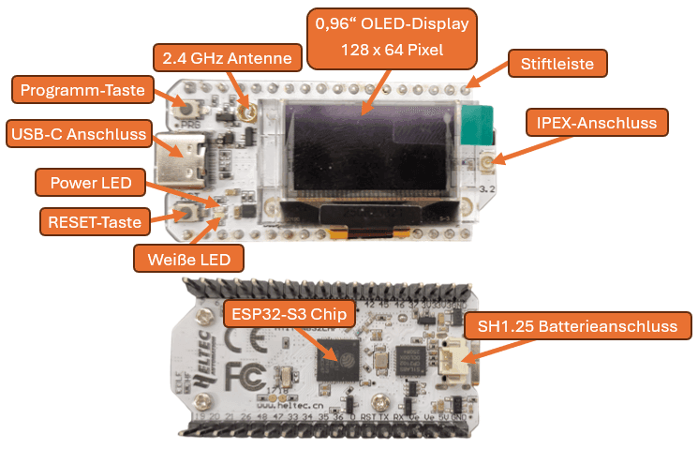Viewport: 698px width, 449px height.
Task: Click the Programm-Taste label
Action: (82, 90)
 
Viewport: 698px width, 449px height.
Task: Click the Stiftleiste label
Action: (557, 64)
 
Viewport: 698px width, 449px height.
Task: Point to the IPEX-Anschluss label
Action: (597, 122)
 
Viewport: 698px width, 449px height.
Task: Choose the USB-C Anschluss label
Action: (79, 134)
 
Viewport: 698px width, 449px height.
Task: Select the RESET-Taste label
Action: (95, 222)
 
